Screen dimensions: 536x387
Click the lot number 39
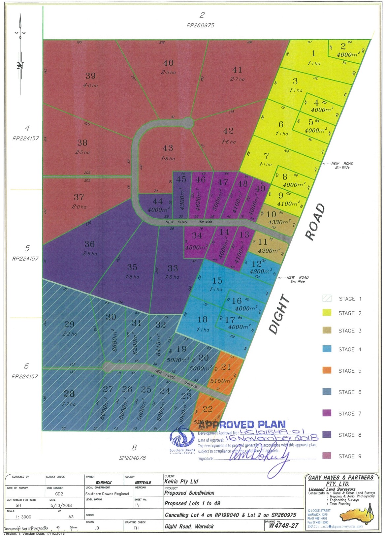point(90,76)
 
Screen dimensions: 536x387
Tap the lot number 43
point(168,148)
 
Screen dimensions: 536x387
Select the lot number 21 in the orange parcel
point(226,366)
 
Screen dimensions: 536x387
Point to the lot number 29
point(69,325)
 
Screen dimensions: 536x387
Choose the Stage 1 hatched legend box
point(327,299)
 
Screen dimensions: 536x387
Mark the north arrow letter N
point(20,66)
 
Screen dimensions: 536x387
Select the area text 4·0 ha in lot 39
point(90,85)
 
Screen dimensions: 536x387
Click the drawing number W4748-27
point(284,525)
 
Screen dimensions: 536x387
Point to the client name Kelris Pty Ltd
point(181,482)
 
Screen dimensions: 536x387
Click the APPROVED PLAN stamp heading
point(242,425)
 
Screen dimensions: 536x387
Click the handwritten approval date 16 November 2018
point(271,438)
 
